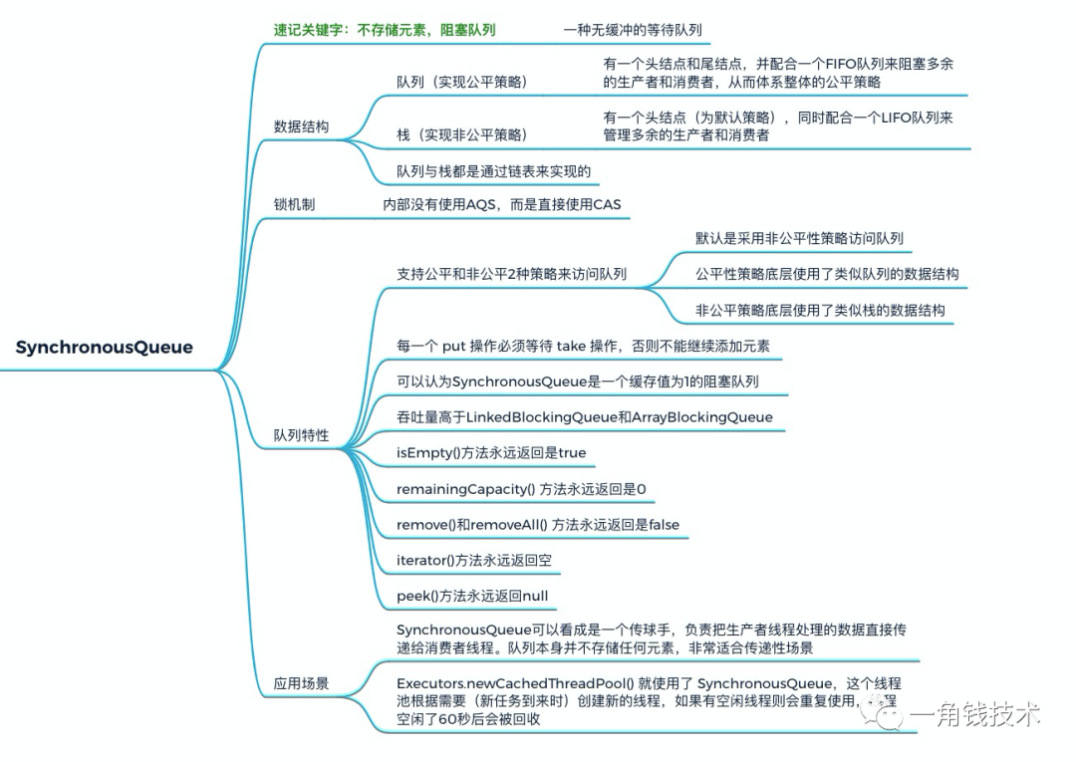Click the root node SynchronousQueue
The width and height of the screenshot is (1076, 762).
coord(105,348)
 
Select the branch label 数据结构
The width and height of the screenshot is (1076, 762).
coord(301,127)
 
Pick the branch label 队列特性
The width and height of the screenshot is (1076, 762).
coord(301,435)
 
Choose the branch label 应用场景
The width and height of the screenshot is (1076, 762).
coord(301,684)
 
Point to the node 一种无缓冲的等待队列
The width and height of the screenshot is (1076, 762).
coord(633,30)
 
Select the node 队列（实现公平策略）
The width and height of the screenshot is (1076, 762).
coord(461,82)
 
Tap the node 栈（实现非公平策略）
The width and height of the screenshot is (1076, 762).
coord(461,134)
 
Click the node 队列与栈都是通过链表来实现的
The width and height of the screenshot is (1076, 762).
coord(493,171)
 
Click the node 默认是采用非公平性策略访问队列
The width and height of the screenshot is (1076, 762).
coord(799,238)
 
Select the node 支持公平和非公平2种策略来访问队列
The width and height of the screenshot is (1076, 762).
coord(511,274)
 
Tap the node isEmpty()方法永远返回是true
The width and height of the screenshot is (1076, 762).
coord(491,452)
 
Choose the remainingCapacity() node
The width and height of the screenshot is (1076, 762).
coord(521,488)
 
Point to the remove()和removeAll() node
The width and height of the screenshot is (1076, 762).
coord(538,524)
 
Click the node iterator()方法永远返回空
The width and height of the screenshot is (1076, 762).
coord(474,560)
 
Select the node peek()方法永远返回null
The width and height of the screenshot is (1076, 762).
coord(472,596)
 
